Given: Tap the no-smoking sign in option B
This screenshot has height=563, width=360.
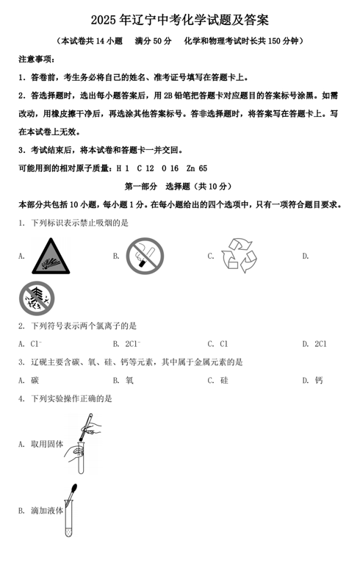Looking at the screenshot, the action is [144, 255].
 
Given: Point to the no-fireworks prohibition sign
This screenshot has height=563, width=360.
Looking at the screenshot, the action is [36, 298].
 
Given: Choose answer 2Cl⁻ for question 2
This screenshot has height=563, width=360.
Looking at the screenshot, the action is [133, 343].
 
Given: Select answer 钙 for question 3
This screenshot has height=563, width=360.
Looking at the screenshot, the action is [318, 380].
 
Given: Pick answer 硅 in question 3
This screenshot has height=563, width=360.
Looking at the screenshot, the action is [223, 380].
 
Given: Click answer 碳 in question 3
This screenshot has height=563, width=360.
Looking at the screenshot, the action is [35, 380].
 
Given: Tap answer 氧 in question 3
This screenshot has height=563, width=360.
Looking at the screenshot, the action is [129, 380].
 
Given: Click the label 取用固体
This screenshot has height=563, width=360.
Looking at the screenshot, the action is [47, 443].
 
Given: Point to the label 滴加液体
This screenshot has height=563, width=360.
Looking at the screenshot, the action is [47, 510].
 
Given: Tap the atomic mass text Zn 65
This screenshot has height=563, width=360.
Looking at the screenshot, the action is [197, 168].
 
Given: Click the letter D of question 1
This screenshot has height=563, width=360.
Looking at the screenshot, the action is [305, 256].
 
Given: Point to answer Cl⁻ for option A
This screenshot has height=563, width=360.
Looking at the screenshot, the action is [36, 343].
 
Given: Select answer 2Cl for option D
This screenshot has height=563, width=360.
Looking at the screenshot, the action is [320, 343].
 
